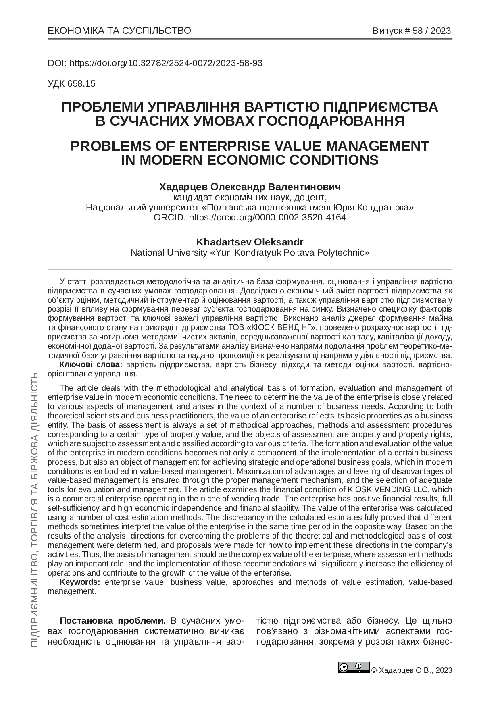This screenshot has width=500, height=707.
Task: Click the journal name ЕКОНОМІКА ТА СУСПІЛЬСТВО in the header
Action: [119, 31]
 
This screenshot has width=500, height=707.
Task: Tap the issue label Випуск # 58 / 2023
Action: [411, 31]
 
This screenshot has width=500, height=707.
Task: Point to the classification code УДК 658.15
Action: [71, 84]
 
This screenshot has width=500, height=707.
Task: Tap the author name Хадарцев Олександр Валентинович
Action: [250, 187]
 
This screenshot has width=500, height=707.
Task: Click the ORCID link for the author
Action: [267, 217]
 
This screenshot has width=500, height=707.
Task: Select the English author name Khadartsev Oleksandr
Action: [250, 242]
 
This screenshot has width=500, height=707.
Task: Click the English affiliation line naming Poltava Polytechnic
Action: [250, 253]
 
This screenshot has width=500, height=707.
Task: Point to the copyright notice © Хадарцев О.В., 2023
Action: [411, 670]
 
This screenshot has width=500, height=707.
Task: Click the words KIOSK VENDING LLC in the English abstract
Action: [386, 490]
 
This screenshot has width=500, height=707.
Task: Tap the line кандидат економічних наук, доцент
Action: [250, 198]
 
